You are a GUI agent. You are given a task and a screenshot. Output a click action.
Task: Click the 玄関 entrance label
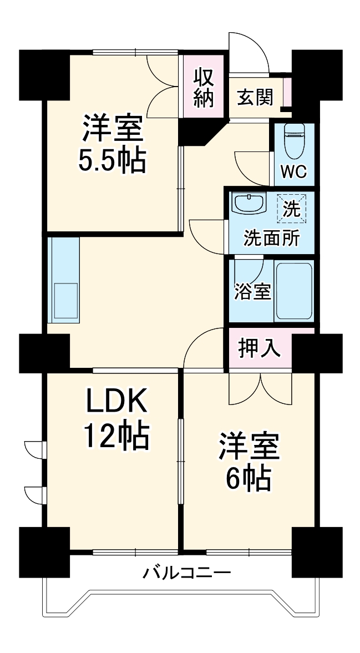coord(255,98)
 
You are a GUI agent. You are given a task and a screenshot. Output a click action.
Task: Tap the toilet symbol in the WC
coord(295,141)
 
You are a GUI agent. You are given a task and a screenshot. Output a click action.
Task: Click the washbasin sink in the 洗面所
coord(249,203)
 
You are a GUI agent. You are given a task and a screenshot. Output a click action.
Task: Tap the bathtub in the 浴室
coord(294,291)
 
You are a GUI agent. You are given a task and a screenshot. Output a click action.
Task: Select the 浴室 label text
coord(252,291)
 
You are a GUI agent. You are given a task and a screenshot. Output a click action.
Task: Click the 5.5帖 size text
coord(113,161)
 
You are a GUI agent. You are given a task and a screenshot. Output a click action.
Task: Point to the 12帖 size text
coord(116,437)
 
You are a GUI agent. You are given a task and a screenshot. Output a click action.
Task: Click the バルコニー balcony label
coord(186,574)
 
